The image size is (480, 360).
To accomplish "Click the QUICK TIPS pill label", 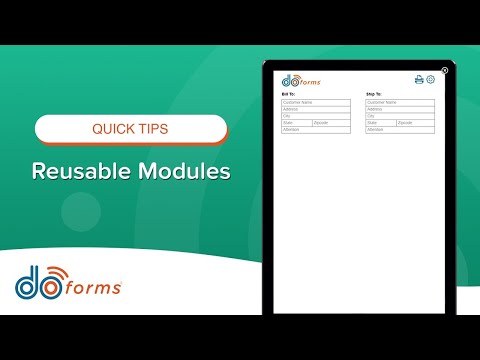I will (x=130, y=129).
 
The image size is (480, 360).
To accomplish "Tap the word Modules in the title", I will (x=184, y=171).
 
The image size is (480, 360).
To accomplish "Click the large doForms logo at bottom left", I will (x=68, y=283).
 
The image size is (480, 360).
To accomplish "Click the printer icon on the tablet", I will (x=419, y=80).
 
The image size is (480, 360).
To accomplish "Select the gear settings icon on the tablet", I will (x=431, y=80).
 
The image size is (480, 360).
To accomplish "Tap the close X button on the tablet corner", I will (x=444, y=70).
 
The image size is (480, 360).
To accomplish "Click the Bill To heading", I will (x=289, y=94).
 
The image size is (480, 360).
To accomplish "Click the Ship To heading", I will (x=374, y=94).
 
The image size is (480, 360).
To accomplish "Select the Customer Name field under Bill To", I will (x=316, y=102).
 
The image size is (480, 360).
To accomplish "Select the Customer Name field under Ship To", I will (x=400, y=102).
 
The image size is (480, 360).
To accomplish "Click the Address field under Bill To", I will (x=316, y=109).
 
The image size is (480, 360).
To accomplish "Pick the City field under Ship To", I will (x=400, y=116).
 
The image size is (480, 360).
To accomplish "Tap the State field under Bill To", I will (x=297, y=123).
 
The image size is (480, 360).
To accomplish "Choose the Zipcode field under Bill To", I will (x=331, y=123).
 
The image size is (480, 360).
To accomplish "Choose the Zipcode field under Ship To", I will (x=415, y=123).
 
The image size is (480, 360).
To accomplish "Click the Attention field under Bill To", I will (x=316, y=130).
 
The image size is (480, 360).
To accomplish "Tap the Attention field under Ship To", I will (x=400, y=130).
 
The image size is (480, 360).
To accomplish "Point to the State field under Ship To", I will (x=381, y=123).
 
